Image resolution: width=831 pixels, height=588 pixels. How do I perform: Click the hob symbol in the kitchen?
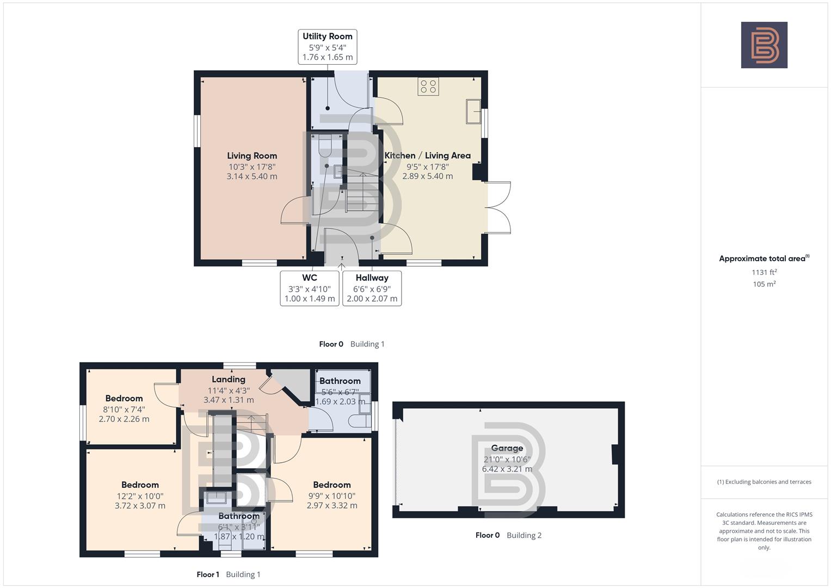pyautogui.click(x=428, y=87)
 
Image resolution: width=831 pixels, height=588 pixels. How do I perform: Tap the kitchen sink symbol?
pyautogui.click(x=473, y=112)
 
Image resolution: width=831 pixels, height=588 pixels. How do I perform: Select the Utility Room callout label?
pyautogui.click(x=327, y=47)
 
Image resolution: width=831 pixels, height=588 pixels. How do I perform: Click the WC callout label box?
pyautogui.click(x=310, y=288)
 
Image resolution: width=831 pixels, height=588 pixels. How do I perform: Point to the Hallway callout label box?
pyautogui.click(x=372, y=288)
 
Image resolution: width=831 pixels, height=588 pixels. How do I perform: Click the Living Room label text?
pyautogui.click(x=252, y=156)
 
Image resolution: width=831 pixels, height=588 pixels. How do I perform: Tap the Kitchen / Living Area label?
pyautogui.click(x=427, y=156)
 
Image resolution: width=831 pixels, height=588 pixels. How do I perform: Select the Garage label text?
pyautogui.click(x=507, y=448)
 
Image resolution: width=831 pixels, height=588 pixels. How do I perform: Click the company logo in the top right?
pyautogui.click(x=764, y=45)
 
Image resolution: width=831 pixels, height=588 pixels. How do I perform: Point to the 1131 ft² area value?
pyautogui.click(x=764, y=272)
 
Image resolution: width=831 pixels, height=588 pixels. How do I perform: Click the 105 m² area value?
pyautogui.click(x=764, y=284)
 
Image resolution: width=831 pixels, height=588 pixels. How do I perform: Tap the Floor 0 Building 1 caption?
pyautogui.click(x=352, y=344)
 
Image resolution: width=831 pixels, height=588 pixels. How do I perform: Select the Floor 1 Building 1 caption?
pyautogui.click(x=229, y=574)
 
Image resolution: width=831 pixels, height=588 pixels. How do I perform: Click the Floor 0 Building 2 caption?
pyautogui.click(x=508, y=535)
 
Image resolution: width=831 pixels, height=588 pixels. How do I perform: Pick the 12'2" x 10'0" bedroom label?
pyautogui.click(x=140, y=495)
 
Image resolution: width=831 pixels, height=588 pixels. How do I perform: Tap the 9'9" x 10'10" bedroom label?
pyautogui.click(x=331, y=495)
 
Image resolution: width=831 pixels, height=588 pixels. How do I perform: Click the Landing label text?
pyautogui.click(x=229, y=379)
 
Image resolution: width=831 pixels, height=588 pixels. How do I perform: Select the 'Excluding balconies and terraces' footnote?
pyautogui.click(x=764, y=482)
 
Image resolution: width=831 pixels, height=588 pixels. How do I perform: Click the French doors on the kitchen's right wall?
pyautogui.click(x=498, y=207)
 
